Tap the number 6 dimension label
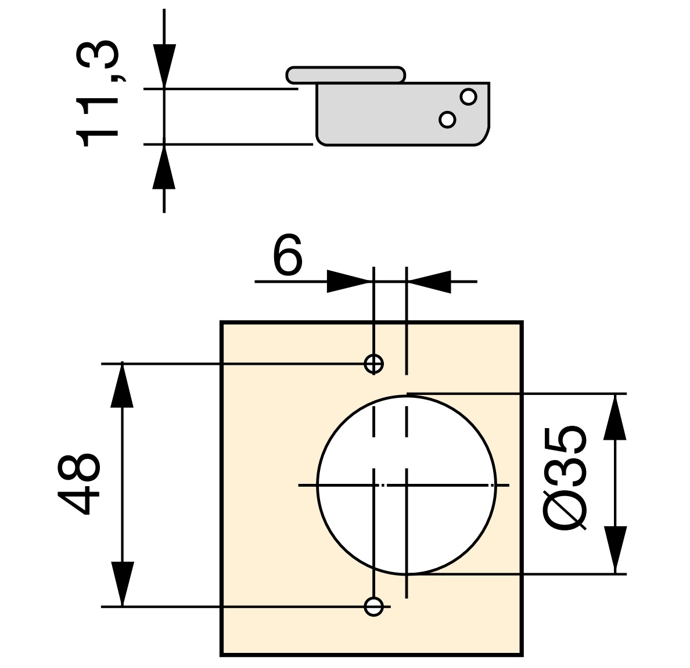click(287, 256)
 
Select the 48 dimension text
click(80, 484)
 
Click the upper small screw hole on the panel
click(373, 364)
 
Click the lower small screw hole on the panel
click(373, 606)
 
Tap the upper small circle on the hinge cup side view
click(468, 96)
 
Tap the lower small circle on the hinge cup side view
click(447, 119)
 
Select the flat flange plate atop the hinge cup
click(345, 74)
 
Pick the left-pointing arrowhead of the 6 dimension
click(430, 281)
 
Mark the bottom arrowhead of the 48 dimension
click(122, 584)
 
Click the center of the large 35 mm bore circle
click(406, 484)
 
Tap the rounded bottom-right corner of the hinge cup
click(482, 138)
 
